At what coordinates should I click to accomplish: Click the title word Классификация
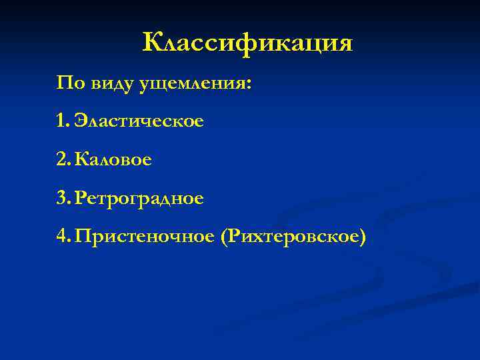(x=247, y=43)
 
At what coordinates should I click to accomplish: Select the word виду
(x=112, y=84)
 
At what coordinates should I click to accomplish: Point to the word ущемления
(x=192, y=85)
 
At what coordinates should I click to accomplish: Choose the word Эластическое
(x=139, y=122)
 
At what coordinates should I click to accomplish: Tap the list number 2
(x=62, y=160)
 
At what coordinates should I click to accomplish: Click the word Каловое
(x=113, y=160)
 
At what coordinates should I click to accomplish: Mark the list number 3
(x=62, y=199)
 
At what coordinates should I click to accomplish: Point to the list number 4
(x=62, y=237)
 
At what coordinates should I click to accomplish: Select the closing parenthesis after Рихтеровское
(x=363, y=237)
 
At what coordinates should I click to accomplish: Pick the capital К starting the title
(x=152, y=43)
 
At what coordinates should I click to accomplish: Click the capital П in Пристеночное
(x=82, y=237)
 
